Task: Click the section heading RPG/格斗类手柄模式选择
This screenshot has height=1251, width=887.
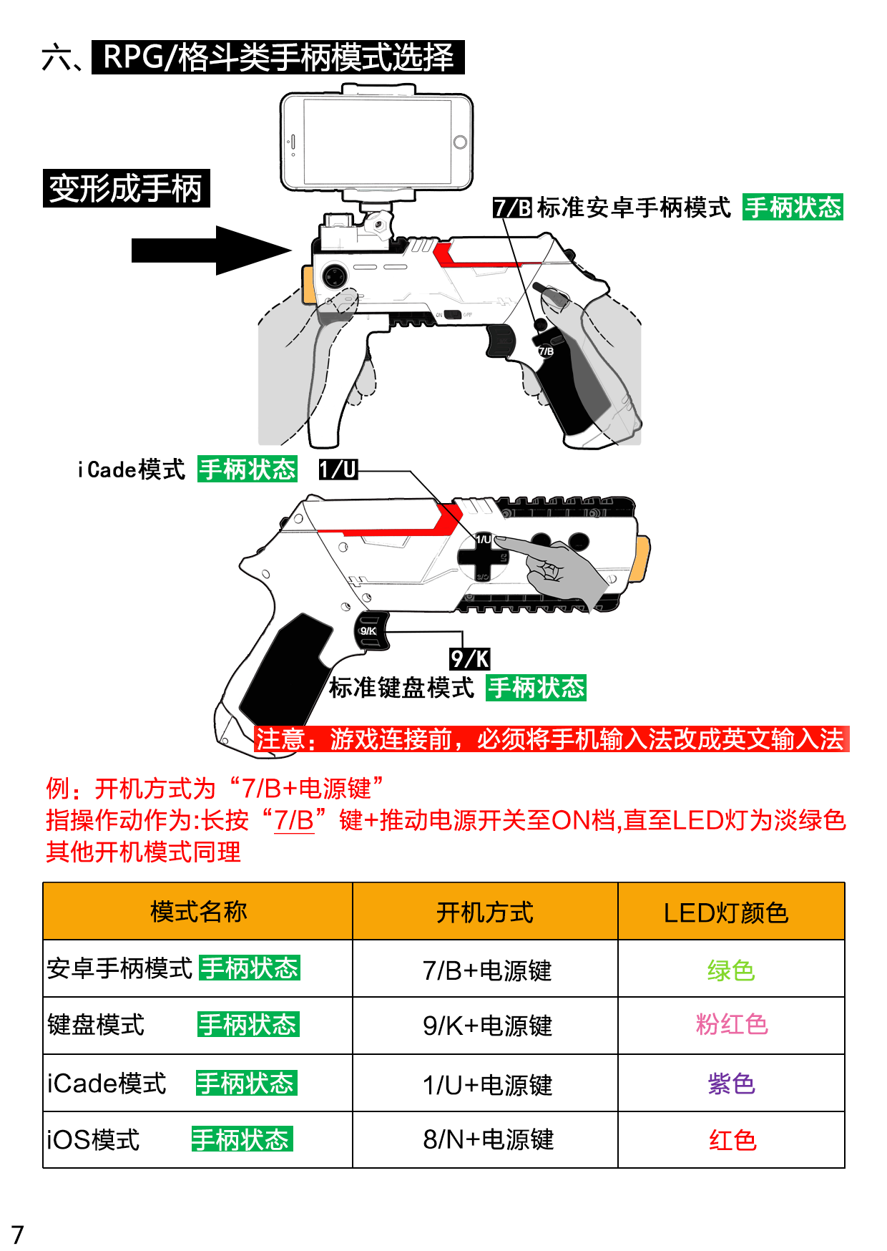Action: (278, 57)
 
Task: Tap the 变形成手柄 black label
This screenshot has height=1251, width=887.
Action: (126, 189)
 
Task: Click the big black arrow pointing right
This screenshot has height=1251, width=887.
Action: (212, 250)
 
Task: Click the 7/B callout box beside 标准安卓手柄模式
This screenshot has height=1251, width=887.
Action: (512, 208)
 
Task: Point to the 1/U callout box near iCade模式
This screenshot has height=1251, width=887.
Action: (338, 469)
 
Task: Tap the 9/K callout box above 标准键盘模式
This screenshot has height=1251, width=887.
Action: (469, 658)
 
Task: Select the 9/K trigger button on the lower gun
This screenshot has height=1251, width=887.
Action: (370, 631)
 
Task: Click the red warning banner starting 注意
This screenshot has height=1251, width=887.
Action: (551, 739)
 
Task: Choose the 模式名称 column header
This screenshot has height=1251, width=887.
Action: (198, 912)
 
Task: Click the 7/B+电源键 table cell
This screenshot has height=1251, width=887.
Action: (486, 970)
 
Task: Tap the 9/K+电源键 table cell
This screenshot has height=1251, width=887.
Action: (486, 1026)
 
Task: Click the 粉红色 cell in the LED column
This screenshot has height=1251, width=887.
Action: (731, 1025)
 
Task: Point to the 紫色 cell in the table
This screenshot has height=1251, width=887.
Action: (731, 1084)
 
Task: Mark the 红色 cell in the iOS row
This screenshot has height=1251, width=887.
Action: (732, 1140)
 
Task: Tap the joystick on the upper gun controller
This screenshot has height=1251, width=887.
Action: (334, 276)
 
